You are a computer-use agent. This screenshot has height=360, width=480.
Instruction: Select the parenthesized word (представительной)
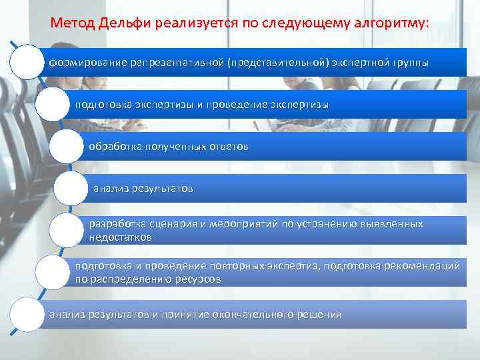[279, 63]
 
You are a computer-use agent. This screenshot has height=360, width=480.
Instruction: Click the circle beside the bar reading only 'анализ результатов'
[70, 188]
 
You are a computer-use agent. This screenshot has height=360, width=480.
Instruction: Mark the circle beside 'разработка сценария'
[67, 230]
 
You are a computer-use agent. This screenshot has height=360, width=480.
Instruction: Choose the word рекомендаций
[421, 267]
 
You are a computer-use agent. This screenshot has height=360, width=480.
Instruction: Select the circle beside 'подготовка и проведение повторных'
[53, 272]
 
